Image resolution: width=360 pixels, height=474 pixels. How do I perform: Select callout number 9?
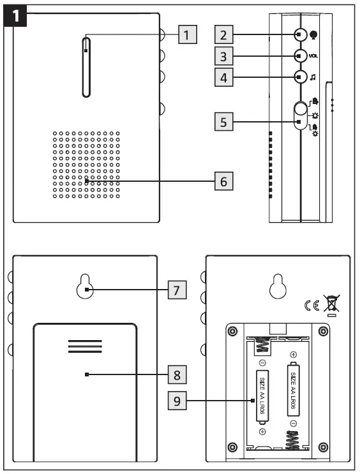[x=176, y=401]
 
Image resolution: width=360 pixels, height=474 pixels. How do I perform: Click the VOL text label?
[x=314, y=56]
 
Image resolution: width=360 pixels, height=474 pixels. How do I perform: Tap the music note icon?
[x=313, y=78]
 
